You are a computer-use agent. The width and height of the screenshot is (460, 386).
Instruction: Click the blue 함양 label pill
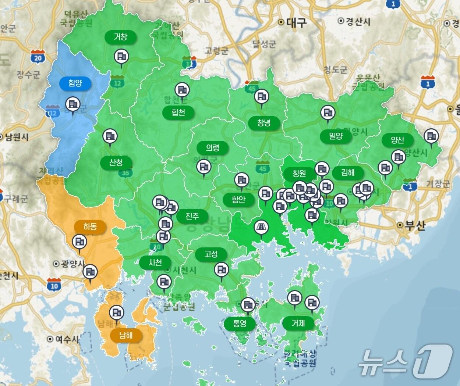click(75, 83)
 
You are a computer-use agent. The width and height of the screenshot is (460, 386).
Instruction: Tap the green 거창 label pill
click(120, 37)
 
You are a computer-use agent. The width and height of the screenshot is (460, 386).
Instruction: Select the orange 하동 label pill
click(90, 226)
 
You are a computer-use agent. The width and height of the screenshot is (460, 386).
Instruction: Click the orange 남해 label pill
click(126, 335)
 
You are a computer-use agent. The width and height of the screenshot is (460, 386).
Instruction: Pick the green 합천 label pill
click(178, 112)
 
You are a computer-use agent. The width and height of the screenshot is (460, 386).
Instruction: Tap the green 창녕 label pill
click(264, 123)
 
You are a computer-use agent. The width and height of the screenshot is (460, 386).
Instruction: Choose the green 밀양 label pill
click(336, 136)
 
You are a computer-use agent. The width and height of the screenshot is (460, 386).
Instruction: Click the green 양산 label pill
click(397, 140)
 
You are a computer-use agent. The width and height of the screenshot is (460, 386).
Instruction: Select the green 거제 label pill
click(298, 323)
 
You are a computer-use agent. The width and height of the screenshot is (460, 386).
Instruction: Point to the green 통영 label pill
click(240, 324)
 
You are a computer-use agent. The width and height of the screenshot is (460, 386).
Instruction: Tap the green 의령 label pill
click(212, 148)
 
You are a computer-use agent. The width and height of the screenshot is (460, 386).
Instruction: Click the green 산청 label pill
click(116, 162)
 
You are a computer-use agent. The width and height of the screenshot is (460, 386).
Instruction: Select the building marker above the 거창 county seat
click(121, 57)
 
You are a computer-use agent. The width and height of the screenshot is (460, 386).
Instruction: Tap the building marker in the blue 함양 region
click(72, 105)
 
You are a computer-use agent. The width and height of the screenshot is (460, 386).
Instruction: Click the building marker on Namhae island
click(117, 313)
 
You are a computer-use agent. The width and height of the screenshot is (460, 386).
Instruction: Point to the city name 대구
click(296, 23)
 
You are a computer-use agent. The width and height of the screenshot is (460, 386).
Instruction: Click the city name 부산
click(415, 225)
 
